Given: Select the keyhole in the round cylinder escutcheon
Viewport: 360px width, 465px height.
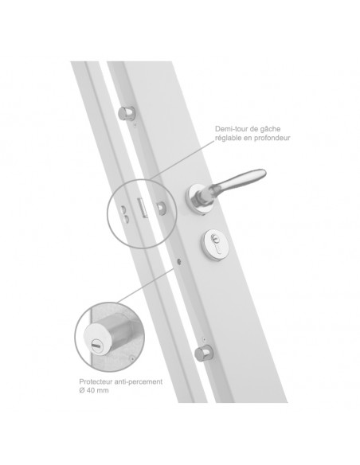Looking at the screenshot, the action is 214,242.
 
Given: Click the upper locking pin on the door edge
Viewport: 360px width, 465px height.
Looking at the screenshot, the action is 127,113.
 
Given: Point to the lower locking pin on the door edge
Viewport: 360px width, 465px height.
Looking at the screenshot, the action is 203,353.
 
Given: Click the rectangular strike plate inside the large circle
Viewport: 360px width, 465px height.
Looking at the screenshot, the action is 142,208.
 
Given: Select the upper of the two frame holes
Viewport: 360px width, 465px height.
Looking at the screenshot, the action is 124,210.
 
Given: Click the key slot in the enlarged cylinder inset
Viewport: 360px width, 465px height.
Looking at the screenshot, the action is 96,346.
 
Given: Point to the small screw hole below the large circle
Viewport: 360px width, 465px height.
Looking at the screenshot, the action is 179,261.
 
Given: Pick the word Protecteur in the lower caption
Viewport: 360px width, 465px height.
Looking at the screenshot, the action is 93,381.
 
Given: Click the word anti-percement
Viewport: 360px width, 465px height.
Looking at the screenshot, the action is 136,382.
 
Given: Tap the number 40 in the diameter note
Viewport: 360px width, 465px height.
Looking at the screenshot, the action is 91,390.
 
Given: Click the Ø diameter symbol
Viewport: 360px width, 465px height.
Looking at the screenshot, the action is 82,390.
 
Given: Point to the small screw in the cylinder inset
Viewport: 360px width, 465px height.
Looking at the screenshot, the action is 132,358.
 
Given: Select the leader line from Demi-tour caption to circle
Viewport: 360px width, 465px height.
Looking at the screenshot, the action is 182,160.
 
